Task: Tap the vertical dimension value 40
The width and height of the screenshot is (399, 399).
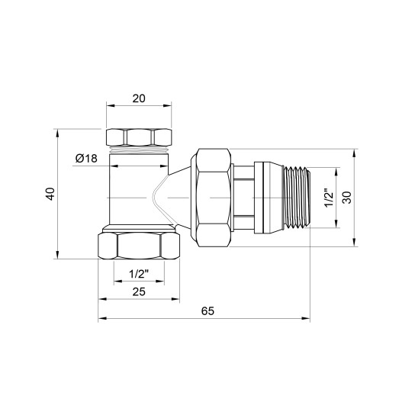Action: (x=51, y=195)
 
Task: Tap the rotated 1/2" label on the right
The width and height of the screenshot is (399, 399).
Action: (x=329, y=197)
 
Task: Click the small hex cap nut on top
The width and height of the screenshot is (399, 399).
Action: (x=138, y=137)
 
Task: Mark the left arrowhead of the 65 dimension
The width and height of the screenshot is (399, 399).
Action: (x=100, y=320)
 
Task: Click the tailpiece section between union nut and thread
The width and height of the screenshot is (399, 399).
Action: (x=243, y=197)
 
